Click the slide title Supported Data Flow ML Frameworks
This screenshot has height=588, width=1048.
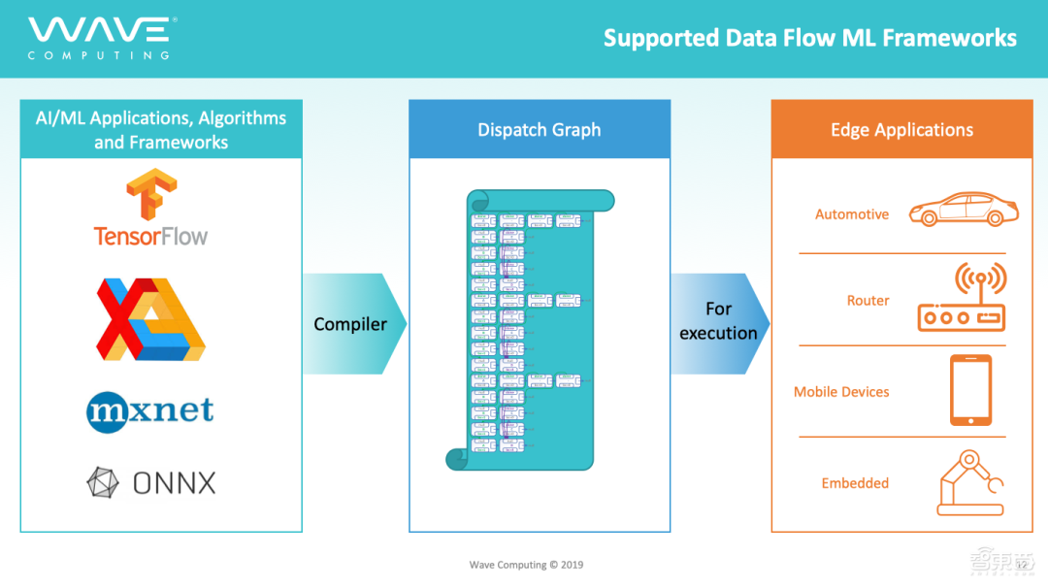pos(809,38)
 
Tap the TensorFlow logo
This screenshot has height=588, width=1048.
pos(150,208)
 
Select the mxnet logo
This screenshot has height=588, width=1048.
pos(149,410)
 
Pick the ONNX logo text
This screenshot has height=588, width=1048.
pos(174,482)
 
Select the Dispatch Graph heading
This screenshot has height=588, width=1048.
pos(539,130)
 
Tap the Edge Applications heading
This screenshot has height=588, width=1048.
pos(901,130)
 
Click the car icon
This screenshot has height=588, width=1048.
pos(964,208)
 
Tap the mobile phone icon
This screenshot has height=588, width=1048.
pos(969,390)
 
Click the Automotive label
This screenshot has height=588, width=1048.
pos(851,214)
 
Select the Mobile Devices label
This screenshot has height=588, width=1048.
pos(841,392)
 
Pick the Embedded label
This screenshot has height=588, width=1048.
pos(855,483)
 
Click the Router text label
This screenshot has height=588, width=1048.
pos(868,301)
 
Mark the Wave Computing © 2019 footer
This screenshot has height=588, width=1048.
pos(526,565)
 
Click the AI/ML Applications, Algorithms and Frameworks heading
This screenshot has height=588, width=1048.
pos(161,130)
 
